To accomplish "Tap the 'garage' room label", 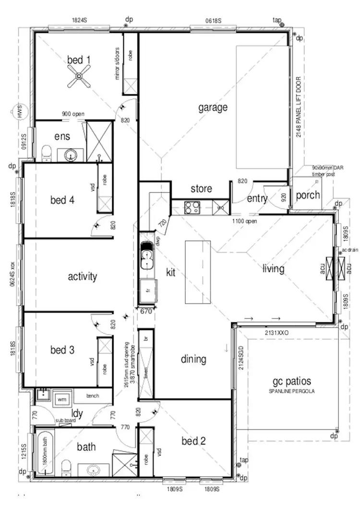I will [x=213, y=107].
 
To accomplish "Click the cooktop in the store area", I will [x=192, y=208].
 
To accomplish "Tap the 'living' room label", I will [x=273, y=269].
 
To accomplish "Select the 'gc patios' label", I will [x=292, y=381].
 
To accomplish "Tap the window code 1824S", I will [x=79, y=20].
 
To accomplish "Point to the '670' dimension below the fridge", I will [x=146, y=311].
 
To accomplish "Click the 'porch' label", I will [x=307, y=196].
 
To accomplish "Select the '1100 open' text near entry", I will [x=245, y=222].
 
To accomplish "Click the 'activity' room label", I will [x=83, y=276].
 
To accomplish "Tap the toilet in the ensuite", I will [x=47, y=154].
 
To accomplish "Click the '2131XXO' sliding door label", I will [x=277, y=332].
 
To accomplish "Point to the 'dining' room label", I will [x=193, y=359].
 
